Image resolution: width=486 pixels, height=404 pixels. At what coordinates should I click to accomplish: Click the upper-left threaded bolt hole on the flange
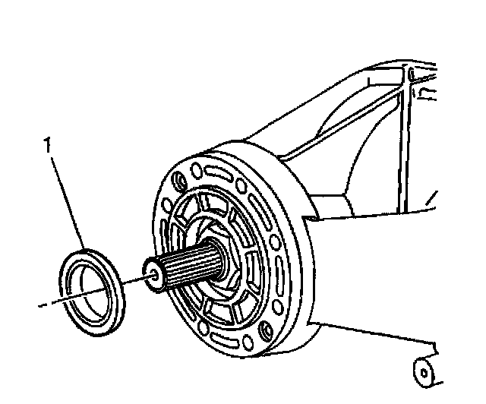[179, 181]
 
